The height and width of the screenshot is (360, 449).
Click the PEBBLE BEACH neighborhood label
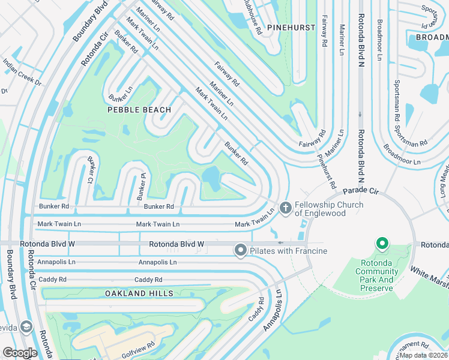click(139, 110)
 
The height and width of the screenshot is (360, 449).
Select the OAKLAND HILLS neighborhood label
click(139, 293)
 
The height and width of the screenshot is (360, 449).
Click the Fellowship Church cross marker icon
click(285, 208)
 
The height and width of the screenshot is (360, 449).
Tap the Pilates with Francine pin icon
click(241, 250)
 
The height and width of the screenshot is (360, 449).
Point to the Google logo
click(20, 353)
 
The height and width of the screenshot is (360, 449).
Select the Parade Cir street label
click(361, 191)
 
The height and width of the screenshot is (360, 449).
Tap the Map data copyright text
click(423, 355)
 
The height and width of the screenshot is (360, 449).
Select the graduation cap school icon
click(25, 326)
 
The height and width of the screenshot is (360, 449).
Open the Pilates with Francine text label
click(289, 250)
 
